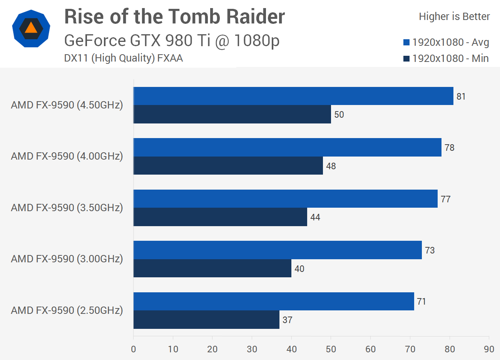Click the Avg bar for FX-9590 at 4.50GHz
coord(293,96)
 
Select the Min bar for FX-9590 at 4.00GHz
coord(228,166)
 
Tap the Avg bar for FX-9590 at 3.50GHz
coord(286,199)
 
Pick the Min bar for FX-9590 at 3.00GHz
coord(212,268)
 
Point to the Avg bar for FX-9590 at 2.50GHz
coord(274,302)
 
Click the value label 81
coord(461,97)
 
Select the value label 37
coord(288,320)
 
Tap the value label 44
coord(315,217)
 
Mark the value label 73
coord(430,250)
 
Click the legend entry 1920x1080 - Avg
coord(446,42)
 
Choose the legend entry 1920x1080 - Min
coord(446,58)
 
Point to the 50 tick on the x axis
coord(331,349)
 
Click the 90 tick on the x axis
coord(489,349)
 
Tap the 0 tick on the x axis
coord(134,349)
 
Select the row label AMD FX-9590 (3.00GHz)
coord(67,259)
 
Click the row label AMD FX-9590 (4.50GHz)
coord(67,105)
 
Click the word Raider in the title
coord(255,17)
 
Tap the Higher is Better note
coord(454,17)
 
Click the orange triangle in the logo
coord(31,28)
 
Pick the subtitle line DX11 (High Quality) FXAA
coord(123,58)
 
